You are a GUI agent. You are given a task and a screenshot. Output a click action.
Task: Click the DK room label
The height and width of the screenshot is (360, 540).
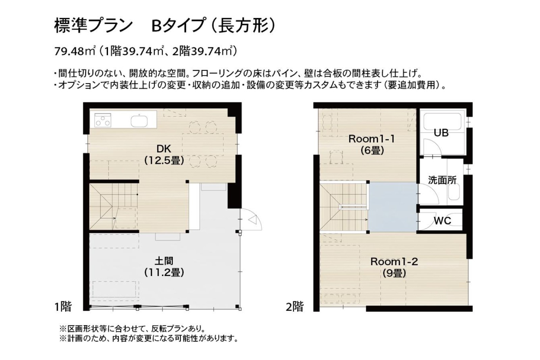(164, 149)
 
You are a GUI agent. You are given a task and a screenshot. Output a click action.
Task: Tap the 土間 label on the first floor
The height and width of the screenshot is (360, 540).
(164, 261)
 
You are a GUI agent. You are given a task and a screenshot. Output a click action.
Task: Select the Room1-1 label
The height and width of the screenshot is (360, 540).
(372, 139)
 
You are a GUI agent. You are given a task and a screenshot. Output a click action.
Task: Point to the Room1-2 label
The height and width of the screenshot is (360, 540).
(394, 262)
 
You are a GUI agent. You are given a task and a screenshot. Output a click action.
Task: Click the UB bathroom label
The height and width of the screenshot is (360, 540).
(441, 133)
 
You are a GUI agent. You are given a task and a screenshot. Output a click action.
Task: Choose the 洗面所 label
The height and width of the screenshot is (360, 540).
(442, 180)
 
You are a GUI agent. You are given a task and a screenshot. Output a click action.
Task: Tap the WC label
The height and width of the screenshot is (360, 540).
(442, 221)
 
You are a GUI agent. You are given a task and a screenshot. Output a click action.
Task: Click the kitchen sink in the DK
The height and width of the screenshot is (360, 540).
(139, 121)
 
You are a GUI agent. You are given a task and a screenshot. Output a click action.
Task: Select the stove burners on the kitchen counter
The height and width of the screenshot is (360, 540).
(103, 120)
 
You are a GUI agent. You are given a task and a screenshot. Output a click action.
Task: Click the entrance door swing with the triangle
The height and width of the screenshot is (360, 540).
(251, 220)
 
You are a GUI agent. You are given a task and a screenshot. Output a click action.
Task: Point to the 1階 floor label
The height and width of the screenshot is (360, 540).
(63, 307)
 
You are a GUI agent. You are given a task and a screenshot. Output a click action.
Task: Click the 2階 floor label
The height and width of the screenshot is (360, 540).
(294, 307)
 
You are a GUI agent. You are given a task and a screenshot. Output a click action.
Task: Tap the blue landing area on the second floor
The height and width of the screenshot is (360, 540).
(393, 207)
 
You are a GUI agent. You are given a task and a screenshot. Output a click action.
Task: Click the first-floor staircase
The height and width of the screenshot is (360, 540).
(113, 206)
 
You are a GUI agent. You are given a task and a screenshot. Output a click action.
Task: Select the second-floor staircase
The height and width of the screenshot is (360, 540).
(344, 207)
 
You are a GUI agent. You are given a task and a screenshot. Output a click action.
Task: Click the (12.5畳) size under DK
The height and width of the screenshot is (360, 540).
(164, 161)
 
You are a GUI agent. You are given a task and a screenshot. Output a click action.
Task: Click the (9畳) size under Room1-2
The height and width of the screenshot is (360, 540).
(394, 273)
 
